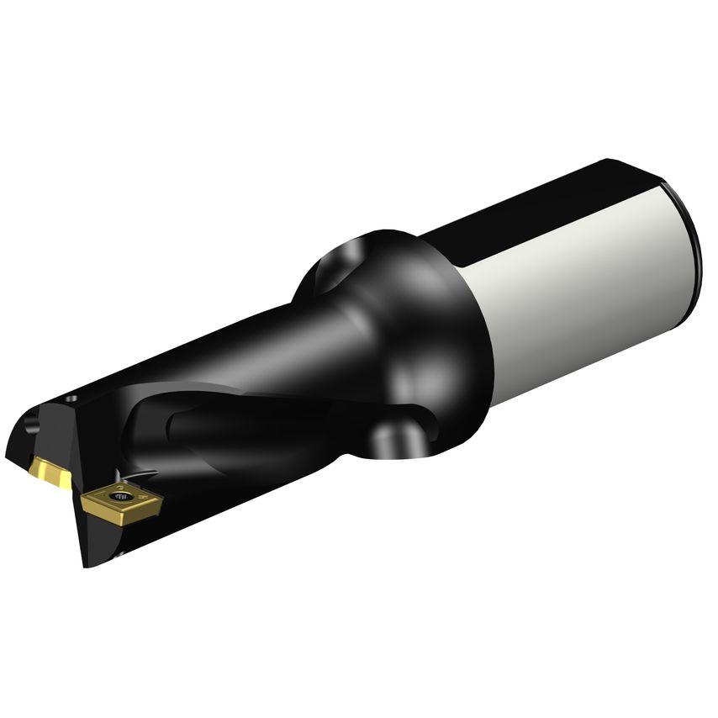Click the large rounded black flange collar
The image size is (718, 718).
coord(437,336)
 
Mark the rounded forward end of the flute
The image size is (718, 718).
coord(181,420)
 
